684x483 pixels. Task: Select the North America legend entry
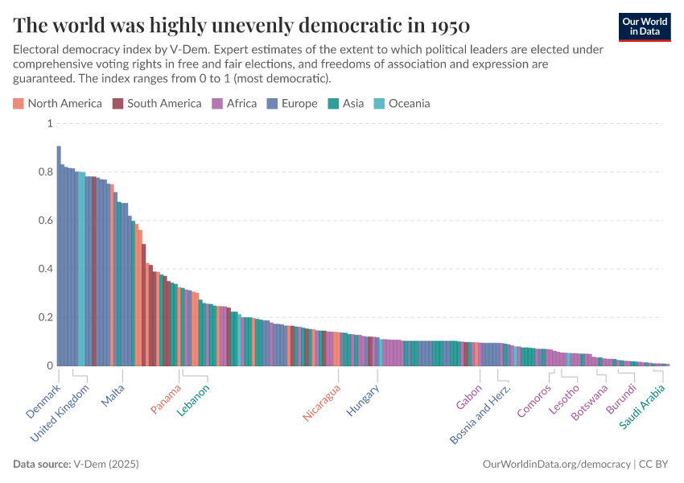click(x=57, y=103)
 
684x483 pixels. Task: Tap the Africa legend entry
click(x=234, y=103)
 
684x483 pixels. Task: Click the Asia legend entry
click(x=346, y=103)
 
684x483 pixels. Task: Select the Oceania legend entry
click(x=402, y=103)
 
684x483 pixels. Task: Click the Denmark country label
click(x=43, y=401)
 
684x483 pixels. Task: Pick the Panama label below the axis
click(x=167, y=398)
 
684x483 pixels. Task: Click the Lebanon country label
click(x=193, y=400)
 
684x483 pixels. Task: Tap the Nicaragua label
click(x=322, y=402)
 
